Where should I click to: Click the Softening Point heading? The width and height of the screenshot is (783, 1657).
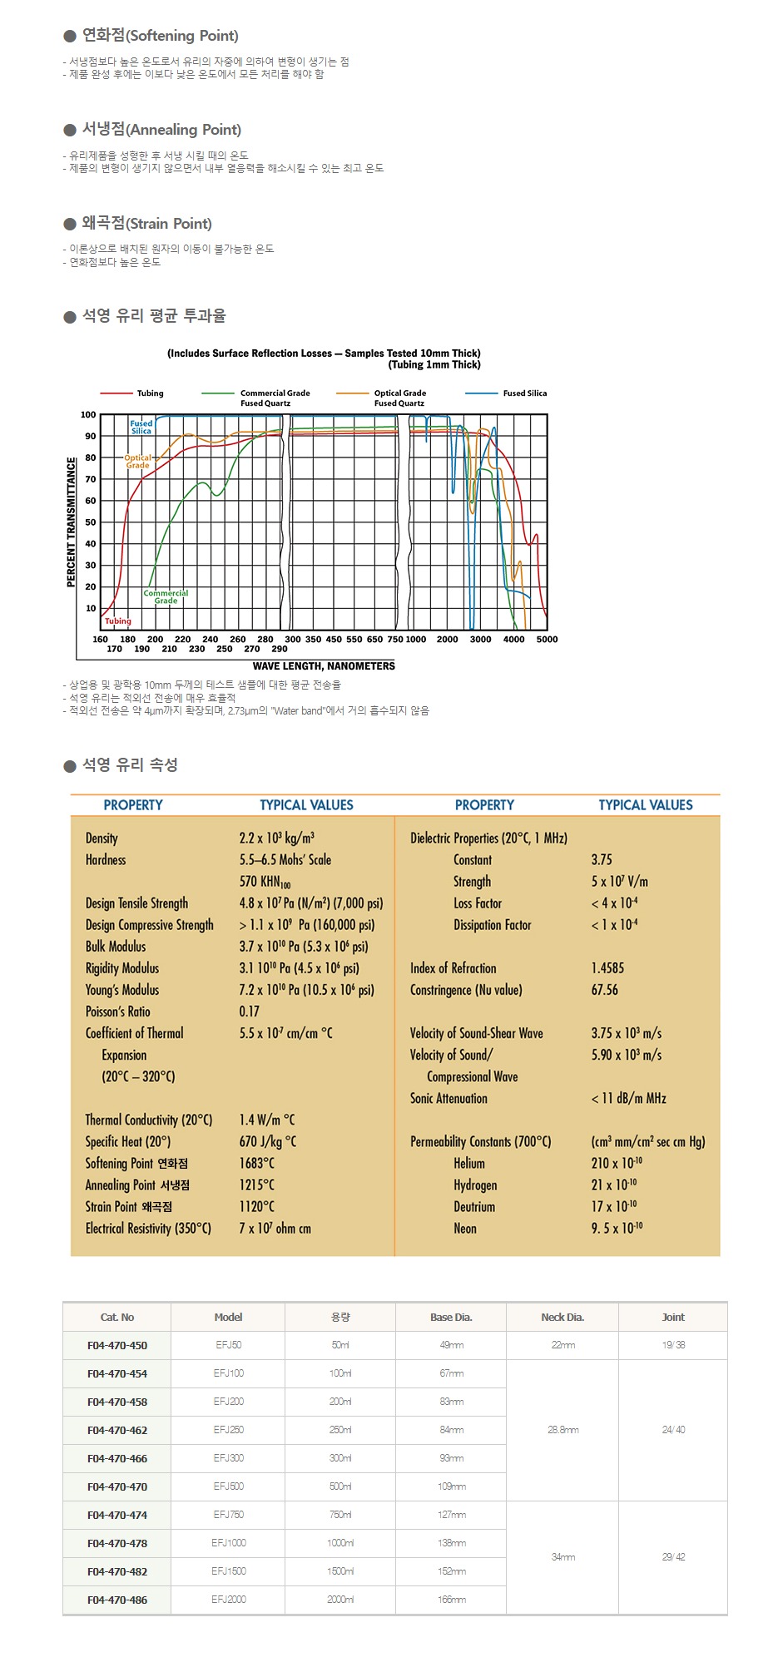(x=160, y=36)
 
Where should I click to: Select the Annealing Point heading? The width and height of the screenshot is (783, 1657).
(x=161, y=130)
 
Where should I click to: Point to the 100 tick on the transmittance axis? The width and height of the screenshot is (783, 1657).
(x=88, y=415)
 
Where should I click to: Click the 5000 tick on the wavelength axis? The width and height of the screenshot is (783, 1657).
(x=547, y=640)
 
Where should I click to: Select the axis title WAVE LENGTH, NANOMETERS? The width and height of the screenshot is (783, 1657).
(x=324, y=666)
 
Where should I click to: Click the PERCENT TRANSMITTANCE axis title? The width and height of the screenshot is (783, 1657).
(x=71, y=522)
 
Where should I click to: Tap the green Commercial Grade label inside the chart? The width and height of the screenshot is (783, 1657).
(x=166, y=596)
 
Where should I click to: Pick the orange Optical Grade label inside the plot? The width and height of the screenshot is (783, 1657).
(x=138, y=462)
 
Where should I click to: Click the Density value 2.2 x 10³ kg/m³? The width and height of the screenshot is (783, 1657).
(x=276, y=838)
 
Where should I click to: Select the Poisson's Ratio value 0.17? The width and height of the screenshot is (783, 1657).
(x=249, y=1012)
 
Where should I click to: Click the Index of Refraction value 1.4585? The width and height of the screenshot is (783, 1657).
(x=607, y=968)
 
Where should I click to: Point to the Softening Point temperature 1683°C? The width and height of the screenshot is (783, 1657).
(x=256, y=1163)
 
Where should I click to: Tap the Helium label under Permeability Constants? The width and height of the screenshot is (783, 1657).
(x=469, y=1163)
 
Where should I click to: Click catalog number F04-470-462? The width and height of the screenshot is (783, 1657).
(x=117, y=1430)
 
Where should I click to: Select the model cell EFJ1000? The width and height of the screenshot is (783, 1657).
(x=228, y=1543)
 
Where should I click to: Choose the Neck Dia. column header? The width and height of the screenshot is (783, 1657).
(x=562, y=1317)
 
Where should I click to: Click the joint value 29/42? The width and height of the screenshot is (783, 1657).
(x=673, y=1557)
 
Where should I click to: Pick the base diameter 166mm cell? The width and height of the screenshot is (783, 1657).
(x=451, y=1600)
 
